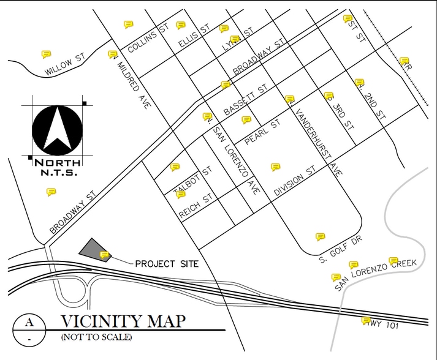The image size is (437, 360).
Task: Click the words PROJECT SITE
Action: point(166,264)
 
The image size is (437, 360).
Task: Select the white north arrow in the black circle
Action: point(57,128)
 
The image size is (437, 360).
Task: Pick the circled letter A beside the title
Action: point(29,322)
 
